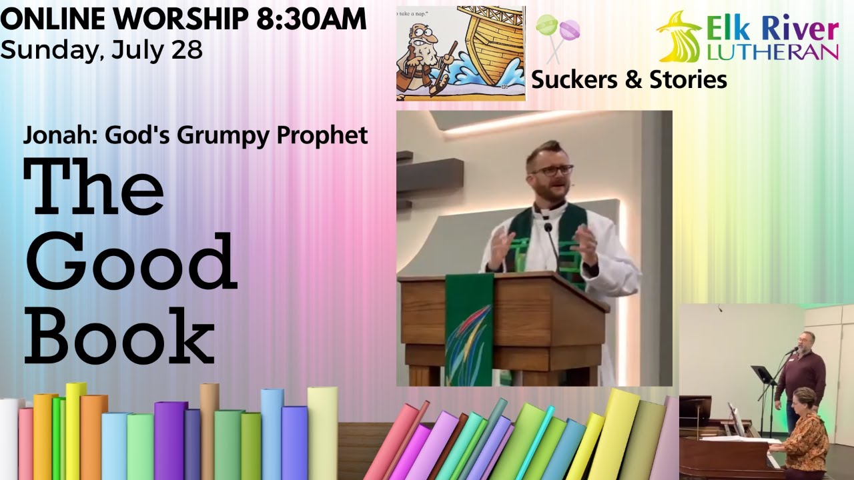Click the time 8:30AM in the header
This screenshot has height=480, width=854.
(x=311, y=19)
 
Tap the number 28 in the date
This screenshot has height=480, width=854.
(x=187, y=50)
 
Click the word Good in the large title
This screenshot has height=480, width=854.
(x=131, y=261)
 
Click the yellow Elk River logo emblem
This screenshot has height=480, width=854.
(x=679, y=37)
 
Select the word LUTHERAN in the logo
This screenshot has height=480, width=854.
(x=772, y=52)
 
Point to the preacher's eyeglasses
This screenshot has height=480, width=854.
(x=552, y=171)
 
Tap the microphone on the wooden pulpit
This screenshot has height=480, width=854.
(x=549, y=230)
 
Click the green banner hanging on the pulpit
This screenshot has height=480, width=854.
(x=469, y=330)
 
